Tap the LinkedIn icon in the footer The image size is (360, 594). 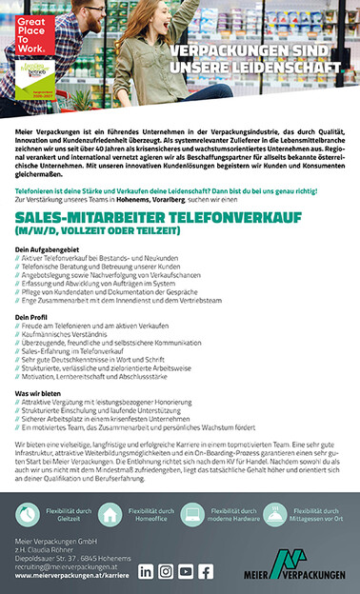146,571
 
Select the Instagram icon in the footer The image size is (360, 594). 166,571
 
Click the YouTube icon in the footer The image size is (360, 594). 186,571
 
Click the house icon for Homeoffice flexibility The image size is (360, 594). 110,515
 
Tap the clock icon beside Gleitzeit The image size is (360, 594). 27,515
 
